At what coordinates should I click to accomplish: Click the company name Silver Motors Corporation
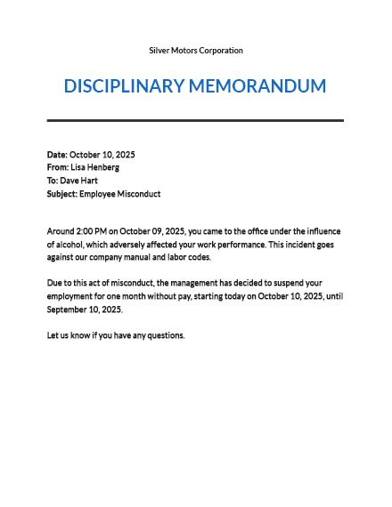(196, 51)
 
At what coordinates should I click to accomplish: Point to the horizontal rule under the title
(195, 120)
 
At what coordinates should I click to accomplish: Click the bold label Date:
(57, 155)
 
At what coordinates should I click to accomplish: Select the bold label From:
(57, 167)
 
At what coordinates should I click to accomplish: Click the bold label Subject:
(62, 194)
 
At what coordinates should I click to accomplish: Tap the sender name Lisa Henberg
(94, 167)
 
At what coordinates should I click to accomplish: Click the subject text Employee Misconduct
(120, 194)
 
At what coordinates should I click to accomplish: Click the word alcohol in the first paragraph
(72, 245)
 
